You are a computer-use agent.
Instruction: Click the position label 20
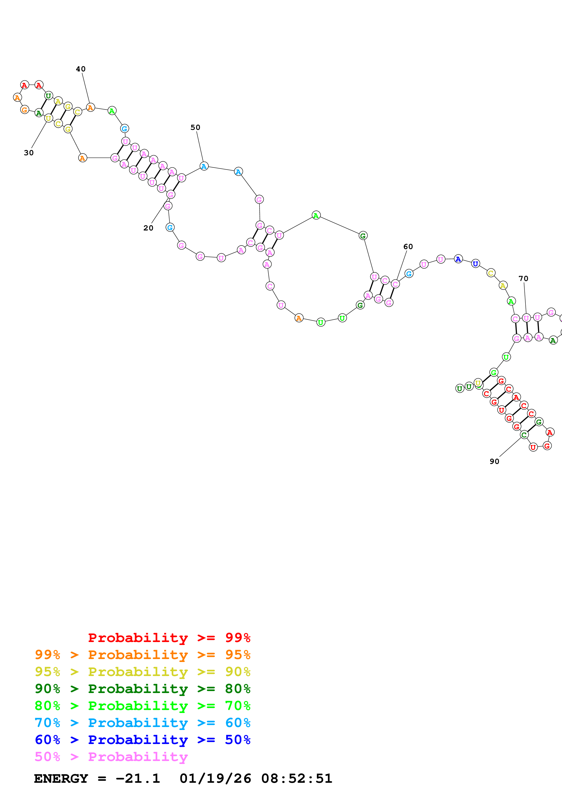pos(148,228)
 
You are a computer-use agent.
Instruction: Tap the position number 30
pos(29,153)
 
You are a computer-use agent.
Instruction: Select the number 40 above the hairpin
pos(81,69)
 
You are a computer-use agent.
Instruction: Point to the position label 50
pos(195,127)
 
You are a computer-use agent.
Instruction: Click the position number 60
pos(408,247)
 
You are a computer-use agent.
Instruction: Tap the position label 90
pos(494,461)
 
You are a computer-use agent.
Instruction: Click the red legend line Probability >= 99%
pos(169,637)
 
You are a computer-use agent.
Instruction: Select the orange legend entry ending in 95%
pos(142,654)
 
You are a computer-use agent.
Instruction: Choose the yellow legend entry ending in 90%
pos(142,671)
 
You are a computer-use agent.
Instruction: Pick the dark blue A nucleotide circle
pos(458,259)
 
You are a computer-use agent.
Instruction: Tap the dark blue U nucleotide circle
pos(475,264)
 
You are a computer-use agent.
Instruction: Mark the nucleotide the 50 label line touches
pos(204,166)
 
